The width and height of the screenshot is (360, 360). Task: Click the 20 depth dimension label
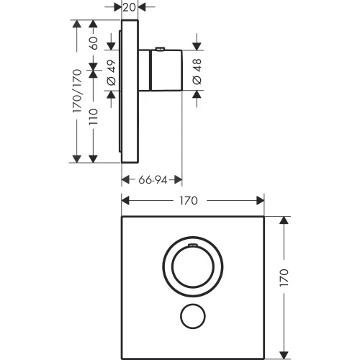pos(130,8)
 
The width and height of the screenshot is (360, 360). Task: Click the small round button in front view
pos(192,316)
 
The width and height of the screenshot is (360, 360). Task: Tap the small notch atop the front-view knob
pos(192,246)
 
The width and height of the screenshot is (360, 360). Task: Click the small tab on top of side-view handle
pos(160,50)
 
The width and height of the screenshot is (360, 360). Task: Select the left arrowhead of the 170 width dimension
pos(125,201)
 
